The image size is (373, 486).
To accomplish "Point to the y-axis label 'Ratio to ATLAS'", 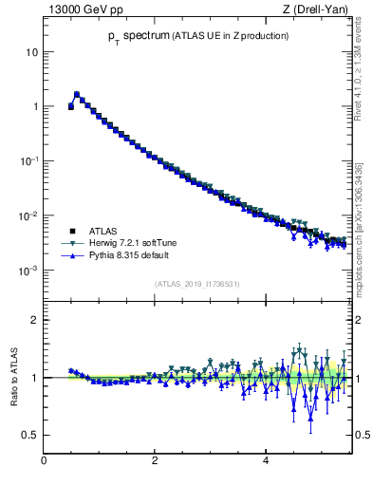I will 12,377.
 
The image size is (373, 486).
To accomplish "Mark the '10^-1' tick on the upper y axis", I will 29,160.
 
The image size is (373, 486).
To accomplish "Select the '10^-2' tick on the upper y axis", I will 29,215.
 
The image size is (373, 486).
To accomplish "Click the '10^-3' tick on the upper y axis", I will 29,271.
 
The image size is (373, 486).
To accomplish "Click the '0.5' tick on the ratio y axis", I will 30,435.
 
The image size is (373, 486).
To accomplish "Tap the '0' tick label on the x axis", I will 44,462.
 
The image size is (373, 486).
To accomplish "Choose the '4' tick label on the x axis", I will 266,462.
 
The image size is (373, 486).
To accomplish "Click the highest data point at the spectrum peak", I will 77,94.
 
